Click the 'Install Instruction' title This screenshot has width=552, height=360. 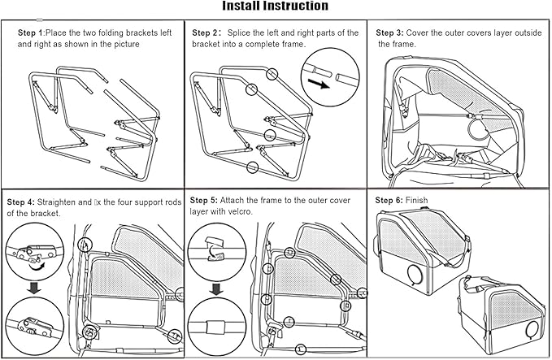coord(276,7)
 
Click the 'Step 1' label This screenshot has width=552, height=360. coord(31,33)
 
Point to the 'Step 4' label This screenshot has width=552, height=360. coord(22,201)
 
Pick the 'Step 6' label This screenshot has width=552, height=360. coord(389,200)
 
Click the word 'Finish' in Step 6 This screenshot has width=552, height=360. coord(417,200)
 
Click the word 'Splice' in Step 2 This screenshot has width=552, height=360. coord(242,33)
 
